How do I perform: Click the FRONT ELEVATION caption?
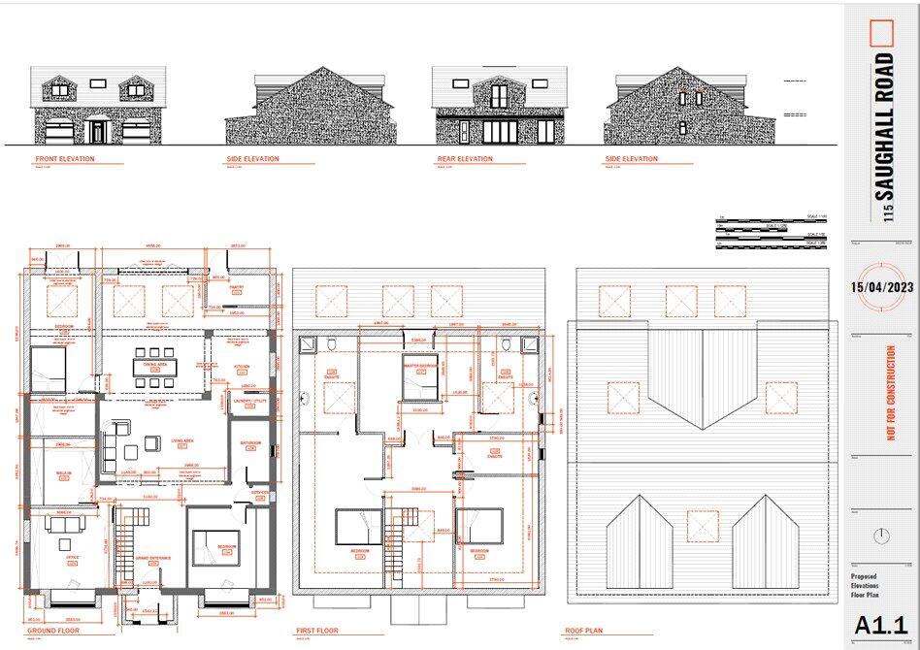coord(65,159)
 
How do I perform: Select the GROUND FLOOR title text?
coord(49,631)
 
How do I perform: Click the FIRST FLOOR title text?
coord(316,631)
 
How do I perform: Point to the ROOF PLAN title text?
coord(586,631)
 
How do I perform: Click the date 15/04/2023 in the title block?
coord(882,287)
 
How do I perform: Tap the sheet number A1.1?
coord(881,625)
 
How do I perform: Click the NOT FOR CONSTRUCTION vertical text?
coord(891,393)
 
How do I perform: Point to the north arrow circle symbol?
coord(881,536)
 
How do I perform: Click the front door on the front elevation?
coord(98,131)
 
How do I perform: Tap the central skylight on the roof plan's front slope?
coord(702,526)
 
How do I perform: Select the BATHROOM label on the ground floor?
coord(251,443)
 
